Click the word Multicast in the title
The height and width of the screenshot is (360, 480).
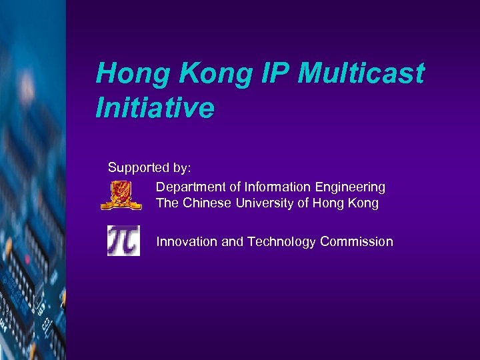pyautogui.click(x=360, y=74)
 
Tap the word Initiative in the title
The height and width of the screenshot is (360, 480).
pyautogui.click(x=155, y=107)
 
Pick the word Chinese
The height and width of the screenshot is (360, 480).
pyautogui.click(x=207, y=203)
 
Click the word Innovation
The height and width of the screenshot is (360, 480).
pyautogui.click(x=186, y=241)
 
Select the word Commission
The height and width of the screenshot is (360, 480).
pyautogui.click(x=356, y=241)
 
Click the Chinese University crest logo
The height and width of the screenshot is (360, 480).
pyautogui.click(x=121, y=195)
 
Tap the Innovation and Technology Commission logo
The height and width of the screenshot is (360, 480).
pyautogui.click(x=124, y=241)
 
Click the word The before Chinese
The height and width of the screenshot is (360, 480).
pyautogui.click(x=167, y=203)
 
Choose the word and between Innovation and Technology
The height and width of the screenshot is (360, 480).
pyautogui.click(x=233, y=241)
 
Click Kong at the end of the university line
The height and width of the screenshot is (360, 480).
pyautogui.click(x=363, y=203)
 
